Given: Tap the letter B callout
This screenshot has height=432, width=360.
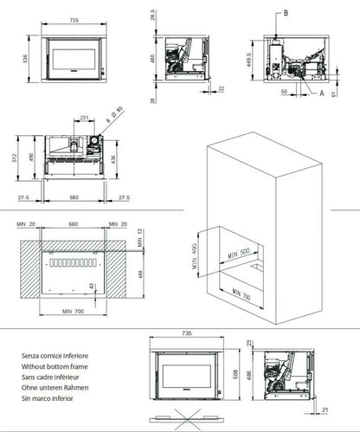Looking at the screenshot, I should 282,13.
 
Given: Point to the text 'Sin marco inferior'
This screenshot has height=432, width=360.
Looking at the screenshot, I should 53,400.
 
